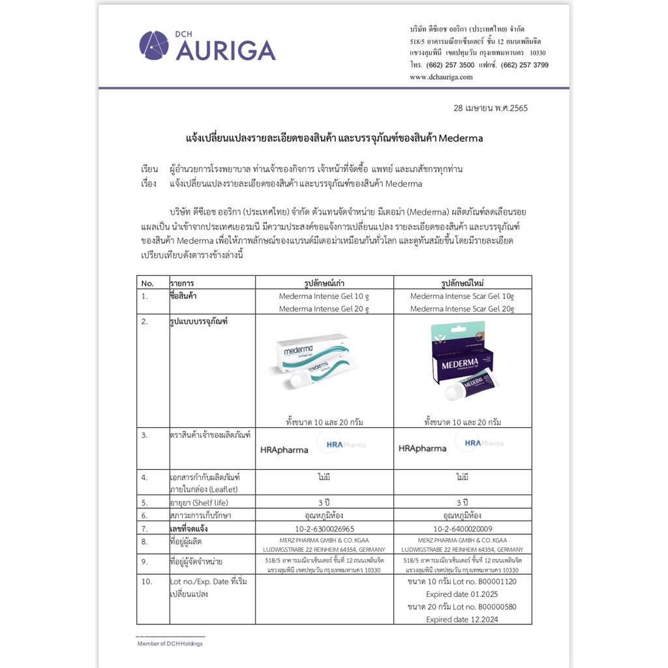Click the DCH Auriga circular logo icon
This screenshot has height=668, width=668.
point(154,46)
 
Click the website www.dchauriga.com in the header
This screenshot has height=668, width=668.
point(441,77)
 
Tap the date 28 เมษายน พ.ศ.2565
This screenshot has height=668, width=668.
point(490,108)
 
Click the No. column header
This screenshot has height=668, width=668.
point(147,283)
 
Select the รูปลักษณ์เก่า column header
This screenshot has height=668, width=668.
point(324,283)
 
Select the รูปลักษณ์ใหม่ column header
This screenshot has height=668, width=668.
point(462,283)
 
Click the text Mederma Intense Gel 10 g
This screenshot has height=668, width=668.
point(324,296)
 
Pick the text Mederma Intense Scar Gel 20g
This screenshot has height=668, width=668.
point(462,309)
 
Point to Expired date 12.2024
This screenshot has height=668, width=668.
point(462,619)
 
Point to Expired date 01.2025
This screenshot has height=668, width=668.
point(462,594)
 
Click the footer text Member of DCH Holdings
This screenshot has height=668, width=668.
point(170,644)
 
